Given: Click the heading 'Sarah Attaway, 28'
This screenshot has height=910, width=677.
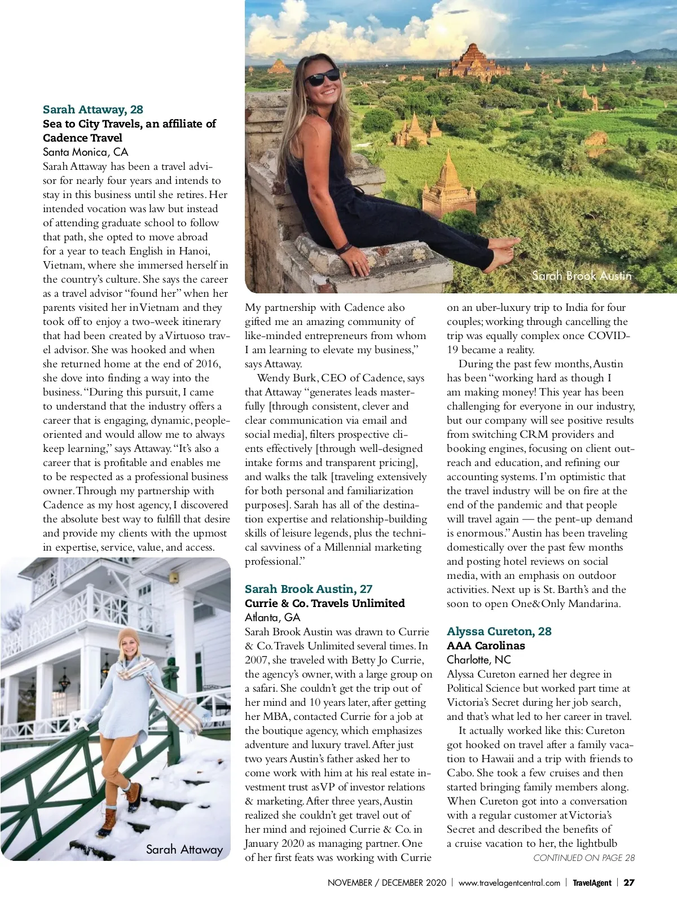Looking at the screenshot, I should [93, 109].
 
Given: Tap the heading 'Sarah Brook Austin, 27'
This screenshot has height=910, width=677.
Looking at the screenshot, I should [309, 589].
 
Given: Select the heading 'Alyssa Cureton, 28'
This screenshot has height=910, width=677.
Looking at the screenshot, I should [499, 631].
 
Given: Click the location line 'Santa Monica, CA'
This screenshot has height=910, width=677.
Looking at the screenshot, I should [86, 152].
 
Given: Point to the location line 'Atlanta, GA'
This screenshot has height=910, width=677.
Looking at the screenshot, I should [272, 617].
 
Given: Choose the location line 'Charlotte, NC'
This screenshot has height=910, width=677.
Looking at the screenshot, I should [478, 660].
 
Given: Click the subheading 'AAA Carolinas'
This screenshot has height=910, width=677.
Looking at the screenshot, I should [486, 645].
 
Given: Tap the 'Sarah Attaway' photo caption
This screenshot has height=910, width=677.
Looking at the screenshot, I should [184, 849].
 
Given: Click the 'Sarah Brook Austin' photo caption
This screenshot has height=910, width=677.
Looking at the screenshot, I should [582, 276].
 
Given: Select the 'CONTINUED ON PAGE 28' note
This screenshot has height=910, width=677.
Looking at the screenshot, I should [584, 858].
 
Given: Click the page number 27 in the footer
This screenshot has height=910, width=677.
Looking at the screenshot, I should [629, 883].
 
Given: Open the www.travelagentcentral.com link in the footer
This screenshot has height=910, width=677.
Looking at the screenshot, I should [509, 883].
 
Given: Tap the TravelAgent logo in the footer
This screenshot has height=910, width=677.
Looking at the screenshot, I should [592, 883].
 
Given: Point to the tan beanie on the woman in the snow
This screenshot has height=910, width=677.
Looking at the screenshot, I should [129, 637].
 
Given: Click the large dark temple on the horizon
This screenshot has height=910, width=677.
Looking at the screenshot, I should [474, 61].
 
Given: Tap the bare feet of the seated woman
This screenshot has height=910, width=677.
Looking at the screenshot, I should [505, 248].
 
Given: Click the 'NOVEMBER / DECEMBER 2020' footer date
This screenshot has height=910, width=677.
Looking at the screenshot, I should [387, 883].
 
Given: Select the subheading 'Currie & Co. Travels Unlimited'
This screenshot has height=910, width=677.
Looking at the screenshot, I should [325, 603].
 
